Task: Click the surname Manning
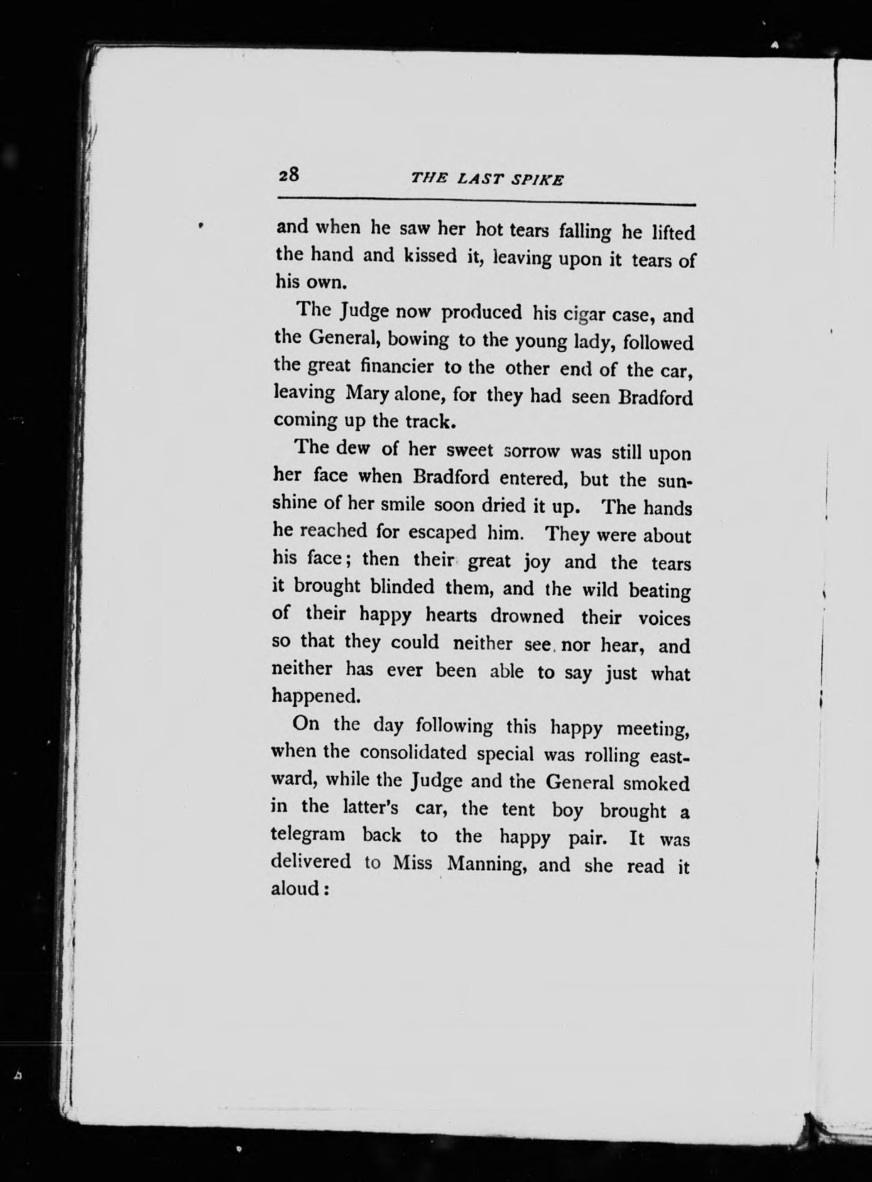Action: click(483, 864)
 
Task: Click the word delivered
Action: click(310, 861)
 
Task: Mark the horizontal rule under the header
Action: click(486, 202)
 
